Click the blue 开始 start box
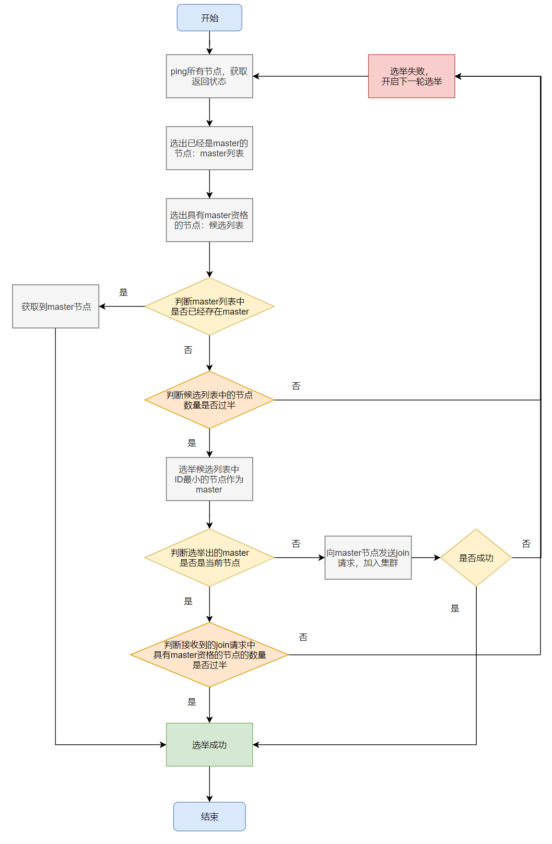point(209,18)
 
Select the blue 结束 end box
point(209,816)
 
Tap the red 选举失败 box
point(411,76)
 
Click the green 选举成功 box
point(209,744)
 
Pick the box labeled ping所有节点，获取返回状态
point(209,76)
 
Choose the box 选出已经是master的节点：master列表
point(209,148)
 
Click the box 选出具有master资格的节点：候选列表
point(209,220)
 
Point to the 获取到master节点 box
point(56,306)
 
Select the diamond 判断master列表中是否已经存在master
point(209,306)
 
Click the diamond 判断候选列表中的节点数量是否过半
point(209,400)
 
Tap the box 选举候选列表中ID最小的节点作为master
point(209,479)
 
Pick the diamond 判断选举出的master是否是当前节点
point(209,558)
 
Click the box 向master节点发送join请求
point(368,558)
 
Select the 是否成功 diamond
point(476,558)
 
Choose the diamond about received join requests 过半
point(209,655)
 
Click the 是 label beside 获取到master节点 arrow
point(123,293)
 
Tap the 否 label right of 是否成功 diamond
point(526,544)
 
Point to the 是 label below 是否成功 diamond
point(455,609)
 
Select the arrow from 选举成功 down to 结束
point(210,784)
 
